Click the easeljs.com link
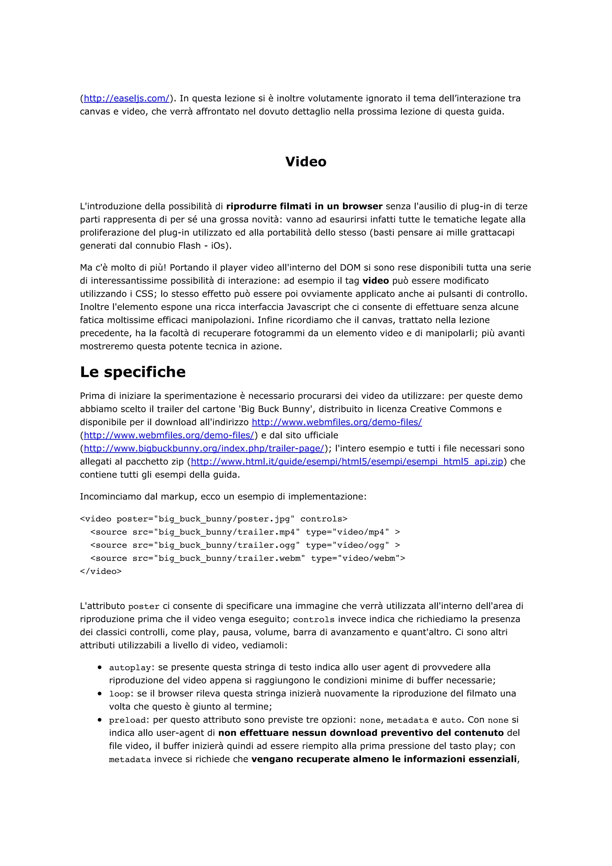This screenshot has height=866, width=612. coord(126,98)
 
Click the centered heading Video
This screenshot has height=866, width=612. coord(306,161)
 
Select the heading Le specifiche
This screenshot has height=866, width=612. coord(133,372)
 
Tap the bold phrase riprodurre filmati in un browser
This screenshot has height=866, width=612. coord(304,206)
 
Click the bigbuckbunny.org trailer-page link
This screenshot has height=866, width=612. coord(204,449)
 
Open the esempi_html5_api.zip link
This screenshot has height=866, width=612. coord(347,462)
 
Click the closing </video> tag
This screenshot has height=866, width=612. coord(101,571)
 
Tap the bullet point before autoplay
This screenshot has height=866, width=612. coord(100,667)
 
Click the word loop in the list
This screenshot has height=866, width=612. coord(120,694)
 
